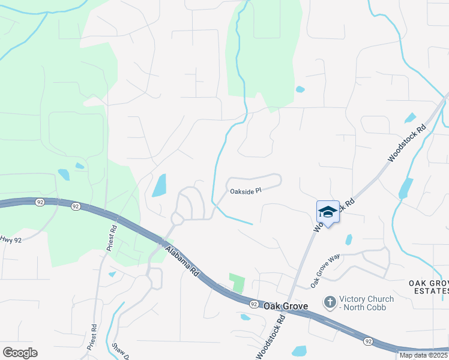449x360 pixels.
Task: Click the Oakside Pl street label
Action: (246, 192)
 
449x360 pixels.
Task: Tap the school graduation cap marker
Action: (328, 212)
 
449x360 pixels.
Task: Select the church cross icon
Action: (330, 303)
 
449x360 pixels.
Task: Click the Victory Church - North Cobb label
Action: (367, 303)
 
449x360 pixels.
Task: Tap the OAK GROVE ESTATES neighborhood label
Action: (429, 287)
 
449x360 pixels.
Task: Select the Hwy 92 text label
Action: (11, 239)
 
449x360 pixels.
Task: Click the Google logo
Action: (20, 353)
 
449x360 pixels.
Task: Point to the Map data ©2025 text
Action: (423, 355)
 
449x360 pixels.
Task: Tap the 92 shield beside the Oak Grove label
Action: (254, 304)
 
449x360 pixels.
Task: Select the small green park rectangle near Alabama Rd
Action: (238, 283)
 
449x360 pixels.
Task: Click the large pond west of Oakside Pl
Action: (159, 185)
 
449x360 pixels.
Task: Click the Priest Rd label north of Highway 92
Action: (112, 238)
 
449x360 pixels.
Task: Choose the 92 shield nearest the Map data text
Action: (367, 341)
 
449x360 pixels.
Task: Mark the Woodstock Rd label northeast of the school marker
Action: (407, 143)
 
